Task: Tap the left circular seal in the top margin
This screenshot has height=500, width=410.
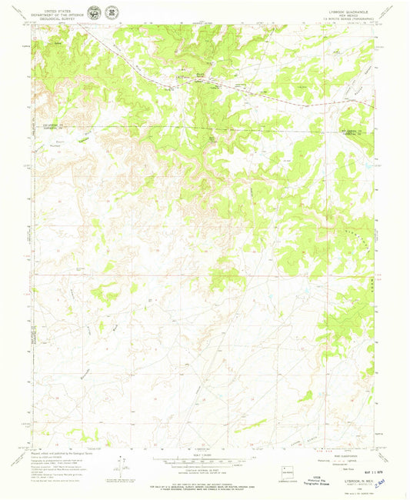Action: pos(93,13)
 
